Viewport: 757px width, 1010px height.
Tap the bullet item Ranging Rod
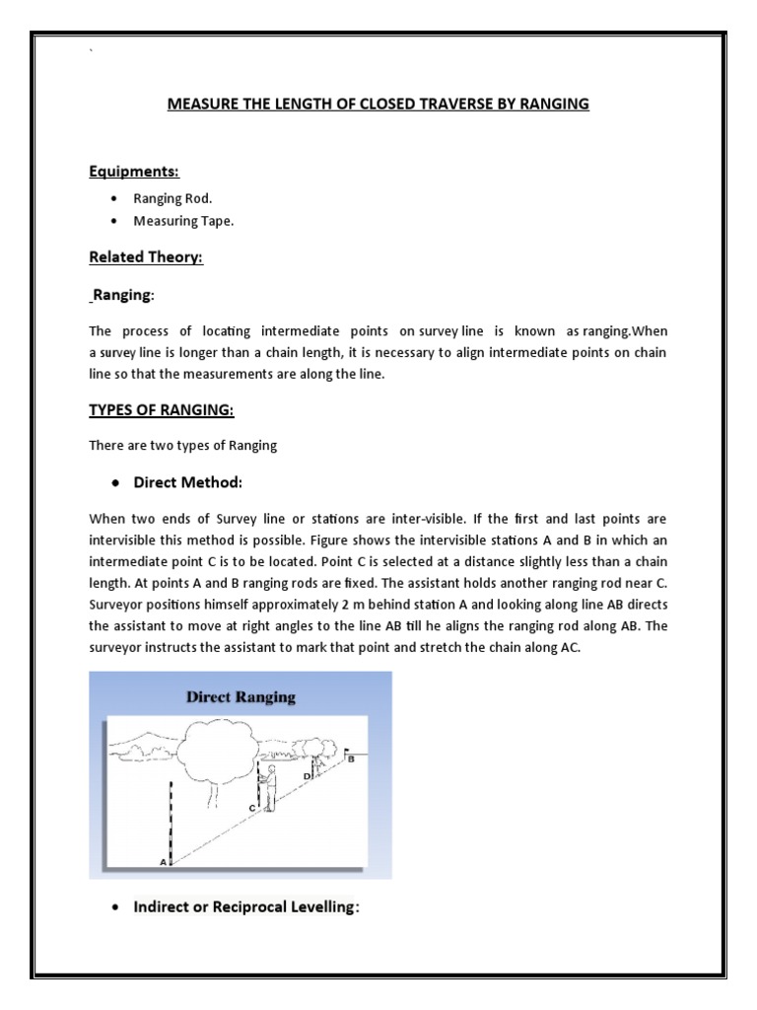click(172, 198)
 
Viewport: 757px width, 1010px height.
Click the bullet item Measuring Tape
click(183, 221)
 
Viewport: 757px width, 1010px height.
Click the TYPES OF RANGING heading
click(162, 409)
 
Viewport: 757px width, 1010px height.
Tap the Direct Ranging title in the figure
click(241, 697)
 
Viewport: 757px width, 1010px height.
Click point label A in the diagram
click(163, 861)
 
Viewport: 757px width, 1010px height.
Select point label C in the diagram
click(252, 808)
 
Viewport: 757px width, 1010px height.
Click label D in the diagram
click(308, 776)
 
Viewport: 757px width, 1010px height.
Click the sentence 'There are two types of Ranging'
click(183, 446)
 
